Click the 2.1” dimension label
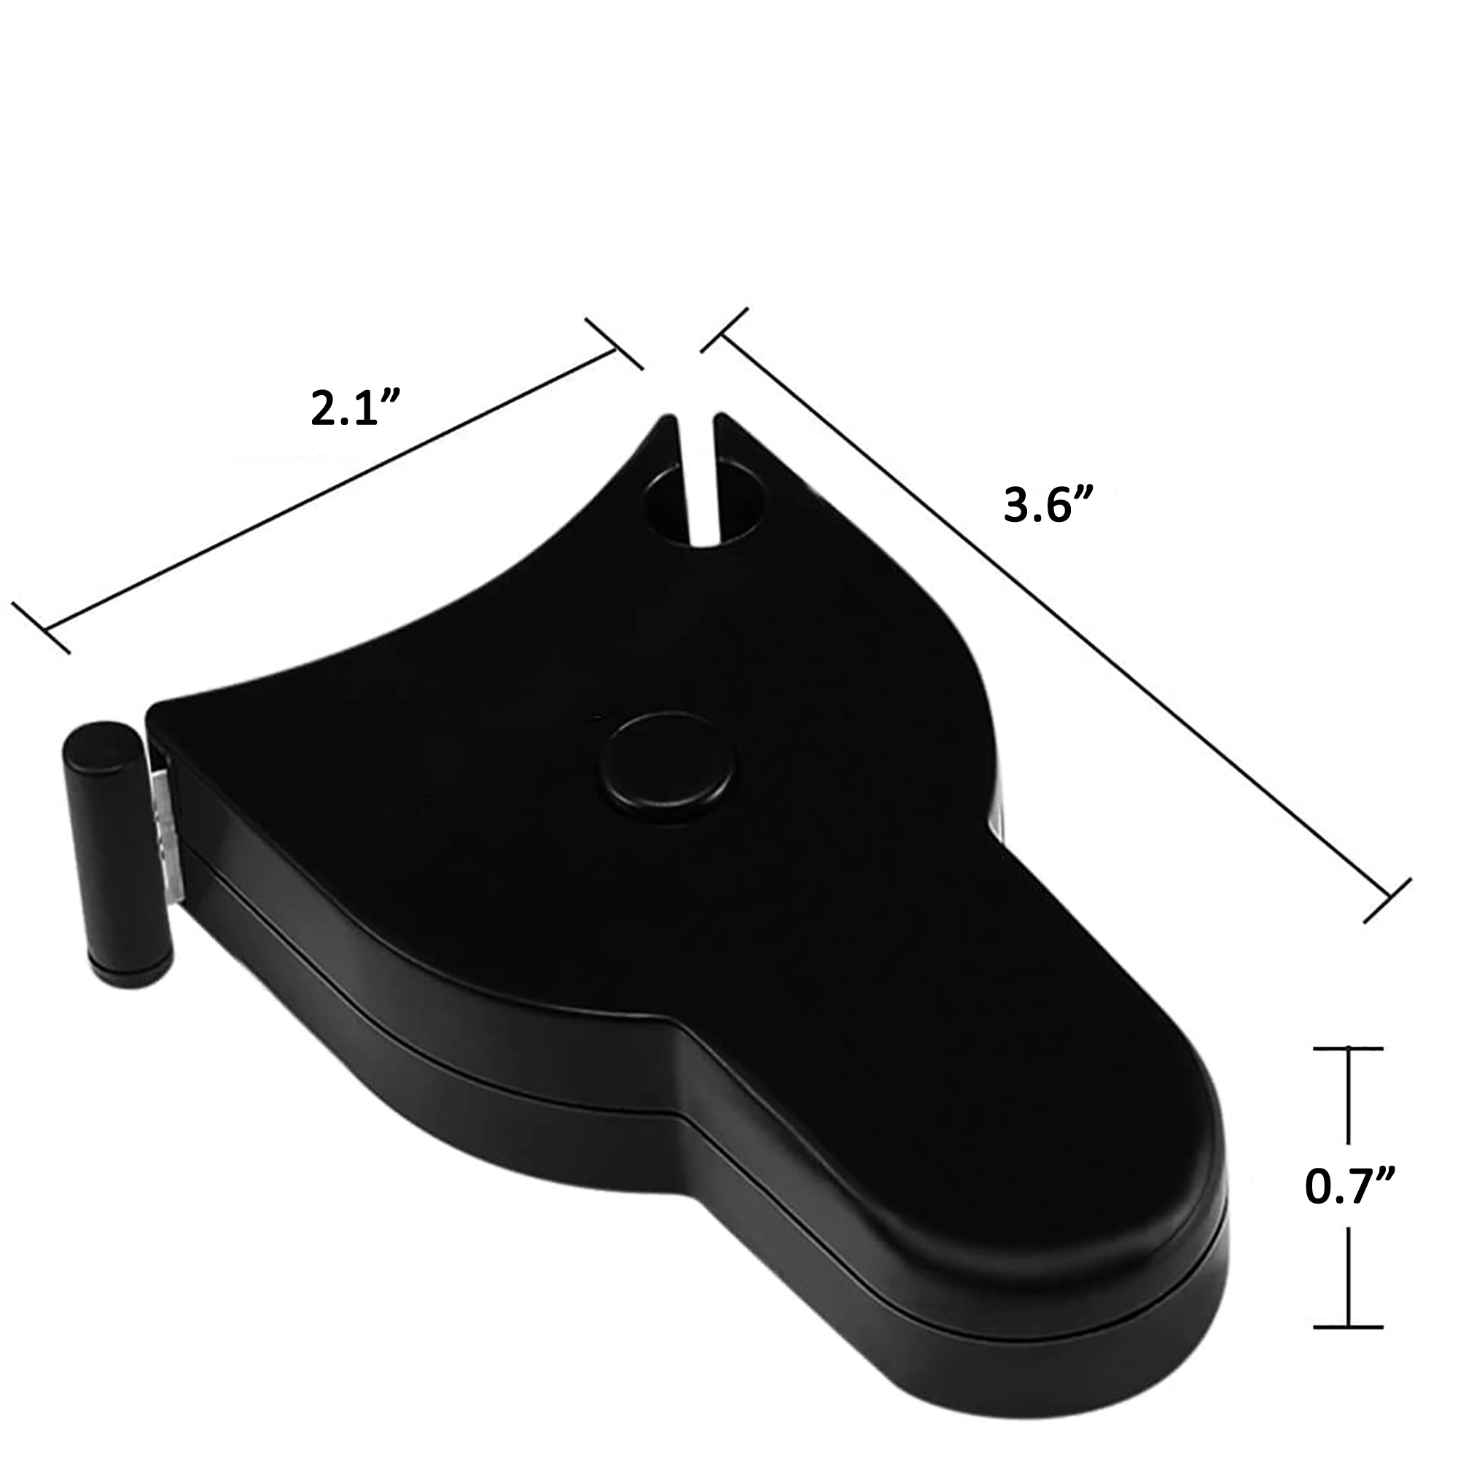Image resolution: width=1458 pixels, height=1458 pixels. pos(355,408)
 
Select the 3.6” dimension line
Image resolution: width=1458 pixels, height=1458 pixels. pos(1056,615)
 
